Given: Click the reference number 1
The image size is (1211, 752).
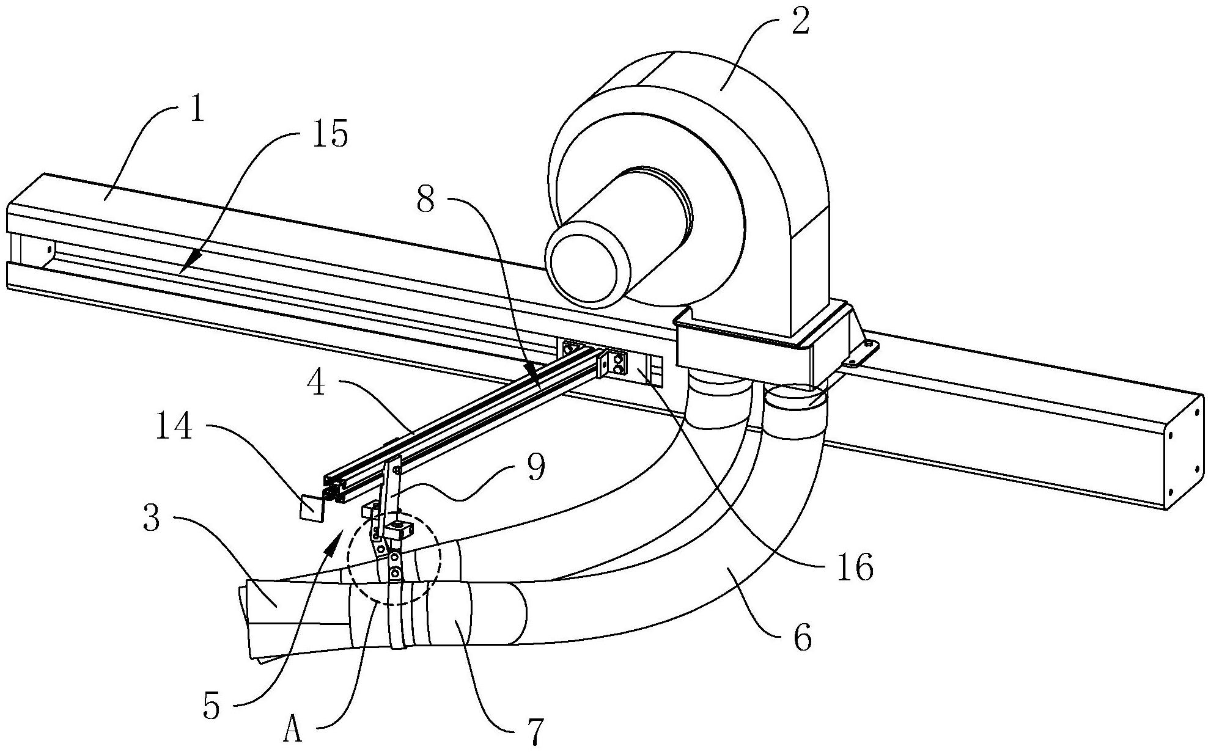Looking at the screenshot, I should click(x=196, y=113).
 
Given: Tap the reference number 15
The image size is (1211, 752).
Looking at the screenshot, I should click(x=330, y=134).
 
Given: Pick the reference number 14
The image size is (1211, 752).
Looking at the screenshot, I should click(x=174, y=427).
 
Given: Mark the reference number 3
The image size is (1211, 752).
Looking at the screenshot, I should click(x=152, y=519).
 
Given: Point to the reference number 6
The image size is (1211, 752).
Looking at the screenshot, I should click(x=802, y=638).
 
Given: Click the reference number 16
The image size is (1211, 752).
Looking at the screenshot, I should click(x=856, y=568).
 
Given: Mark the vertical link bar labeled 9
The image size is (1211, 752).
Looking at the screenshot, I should click(x=390, y=489).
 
